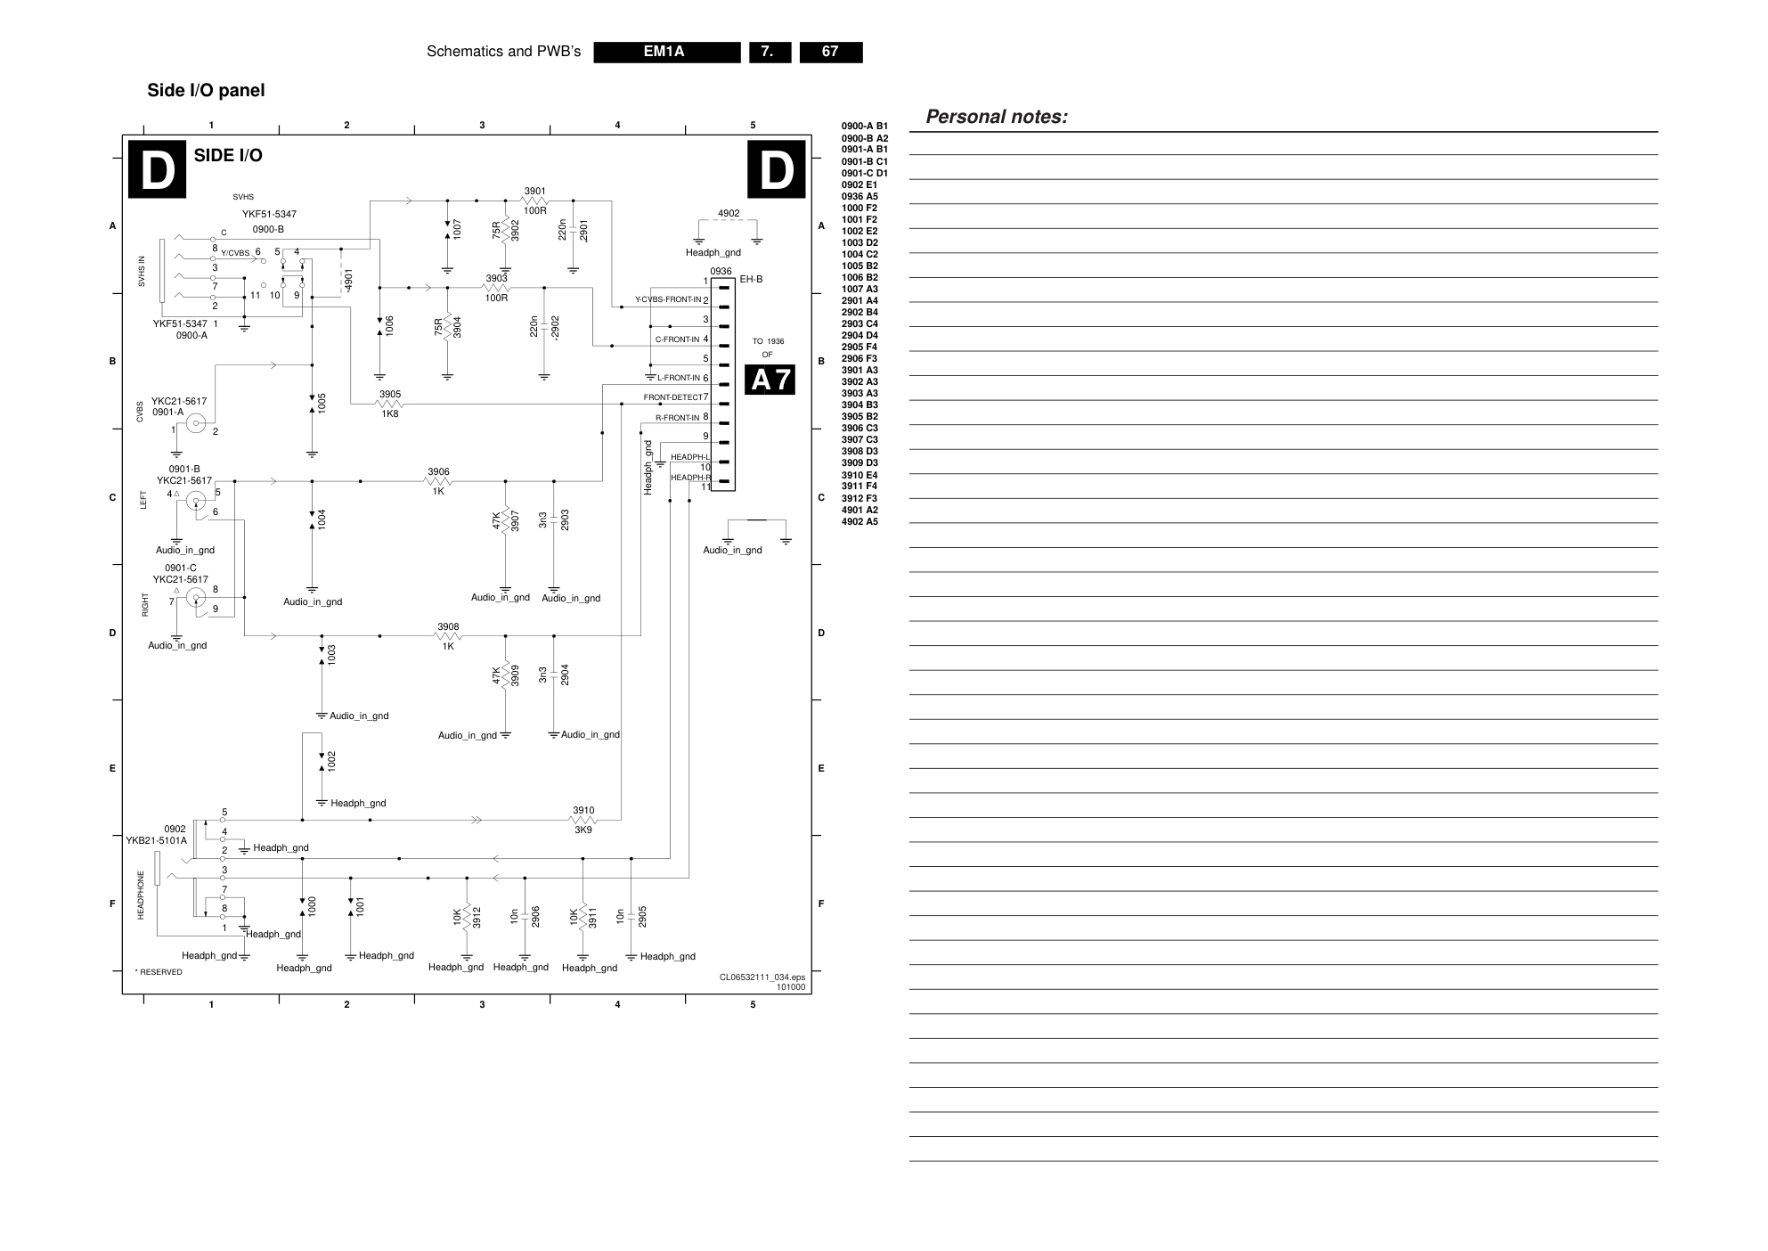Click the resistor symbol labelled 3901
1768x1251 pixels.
click(534, 200)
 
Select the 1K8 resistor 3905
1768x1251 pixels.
click(389, 404)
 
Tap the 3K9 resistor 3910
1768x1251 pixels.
click(583, 820)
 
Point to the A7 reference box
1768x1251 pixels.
click(770, 380)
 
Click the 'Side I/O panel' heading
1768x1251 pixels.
click(206, 91)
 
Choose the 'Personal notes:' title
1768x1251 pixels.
click(997, 117)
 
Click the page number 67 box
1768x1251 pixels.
click(830, 52)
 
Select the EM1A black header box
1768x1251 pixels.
click(666, 52)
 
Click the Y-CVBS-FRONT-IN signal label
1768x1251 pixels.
click(668, 299)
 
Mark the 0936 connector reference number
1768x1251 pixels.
click(721, 272)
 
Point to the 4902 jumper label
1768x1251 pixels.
click(729, 214)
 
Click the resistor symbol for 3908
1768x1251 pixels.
click(448, 636)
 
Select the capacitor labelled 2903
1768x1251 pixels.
click(554, 519)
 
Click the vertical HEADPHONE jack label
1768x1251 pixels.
click(141, 895)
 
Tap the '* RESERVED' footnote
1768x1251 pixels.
click(159, 972)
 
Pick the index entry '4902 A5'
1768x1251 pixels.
click(860, 522)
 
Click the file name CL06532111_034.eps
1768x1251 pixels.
click(762, 977)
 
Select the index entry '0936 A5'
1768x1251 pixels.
click(860, 197)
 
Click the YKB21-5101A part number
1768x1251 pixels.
click(157, 840)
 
